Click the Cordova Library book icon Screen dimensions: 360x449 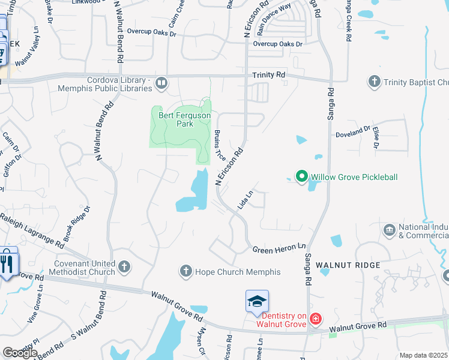pyautogui.click(x=161, y=83)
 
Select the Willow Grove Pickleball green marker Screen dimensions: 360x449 pyautogui.click(x=301, y=176)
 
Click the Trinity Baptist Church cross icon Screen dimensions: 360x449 pyautogui.click(x=375, y=82)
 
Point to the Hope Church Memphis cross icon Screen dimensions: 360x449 pyautogui.click(x=186, y=272)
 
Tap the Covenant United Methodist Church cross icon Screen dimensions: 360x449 pyautogui.click(x=124, y=267)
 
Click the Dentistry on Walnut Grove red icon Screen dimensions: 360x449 pyautogui.click(x=316, y=319)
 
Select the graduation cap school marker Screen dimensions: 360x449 pyautogui.click(x=257, y=301)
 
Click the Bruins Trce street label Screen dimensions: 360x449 pyautogui.click(x=220, y=146)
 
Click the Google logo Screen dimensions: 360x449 pyautogui.click(x=20, y=353)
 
